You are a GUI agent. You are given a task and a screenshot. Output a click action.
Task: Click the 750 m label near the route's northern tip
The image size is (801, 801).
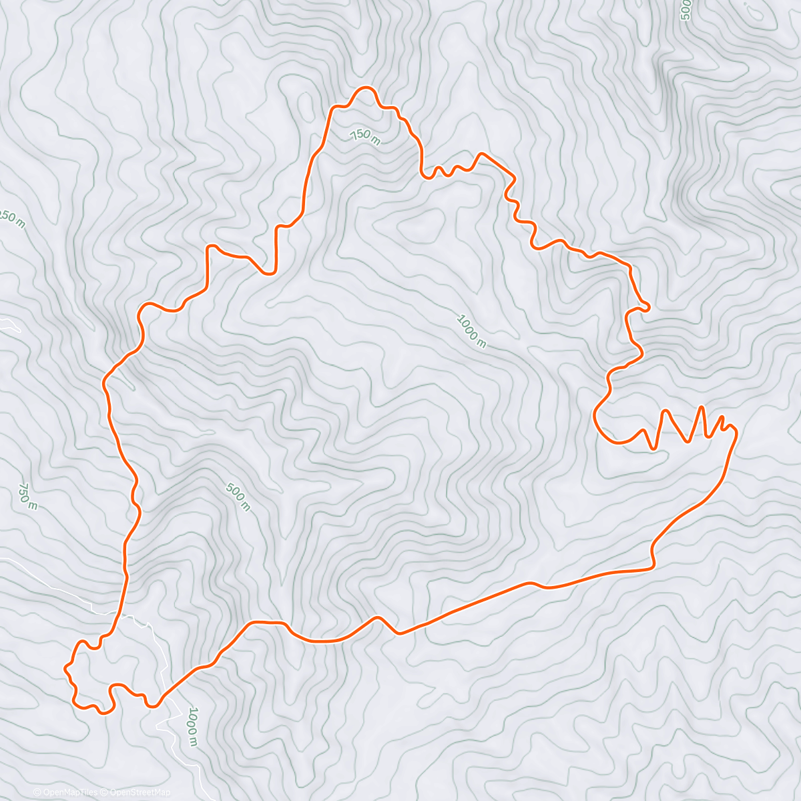point(365,137)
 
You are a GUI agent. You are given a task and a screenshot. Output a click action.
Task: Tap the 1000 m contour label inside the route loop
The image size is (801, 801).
point(471,331)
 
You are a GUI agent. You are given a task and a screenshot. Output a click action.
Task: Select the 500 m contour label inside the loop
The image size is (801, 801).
point(238,497)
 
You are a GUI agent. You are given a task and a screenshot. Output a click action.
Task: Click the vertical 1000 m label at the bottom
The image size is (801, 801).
point(192,726)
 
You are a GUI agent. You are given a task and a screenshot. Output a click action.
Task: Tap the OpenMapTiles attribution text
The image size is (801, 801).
point(65,792)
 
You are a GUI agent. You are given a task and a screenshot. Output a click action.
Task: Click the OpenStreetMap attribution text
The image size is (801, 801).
point(140,792)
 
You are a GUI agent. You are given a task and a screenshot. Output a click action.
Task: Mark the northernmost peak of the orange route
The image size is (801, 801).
point(365,88)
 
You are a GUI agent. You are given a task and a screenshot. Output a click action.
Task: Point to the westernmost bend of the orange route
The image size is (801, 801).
point(65,667)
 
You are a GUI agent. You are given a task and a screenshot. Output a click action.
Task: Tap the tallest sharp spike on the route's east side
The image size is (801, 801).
point(701,407)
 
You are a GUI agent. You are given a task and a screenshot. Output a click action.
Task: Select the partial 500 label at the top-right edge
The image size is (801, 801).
point(685,11)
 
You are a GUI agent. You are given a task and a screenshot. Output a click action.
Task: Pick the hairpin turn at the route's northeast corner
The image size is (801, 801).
point(647,306)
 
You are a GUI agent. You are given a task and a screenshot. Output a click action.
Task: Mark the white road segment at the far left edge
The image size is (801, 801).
point(9,325)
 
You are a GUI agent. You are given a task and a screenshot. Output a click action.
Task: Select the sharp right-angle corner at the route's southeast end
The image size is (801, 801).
point(652,567)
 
